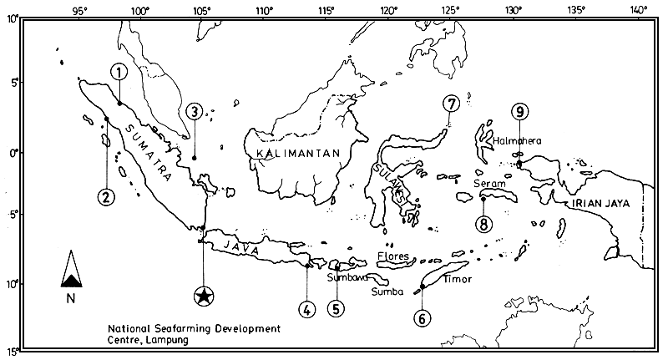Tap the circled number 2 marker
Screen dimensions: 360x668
[105, 197]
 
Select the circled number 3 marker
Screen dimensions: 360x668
[194, 110]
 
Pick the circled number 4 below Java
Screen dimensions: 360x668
[307, 309]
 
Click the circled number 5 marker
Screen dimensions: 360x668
[336, 309]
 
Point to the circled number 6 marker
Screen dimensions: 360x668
[423, 317]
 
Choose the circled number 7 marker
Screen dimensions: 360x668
[451, 104]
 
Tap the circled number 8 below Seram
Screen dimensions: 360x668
[483, 223]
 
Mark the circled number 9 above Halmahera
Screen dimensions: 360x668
[519, 111]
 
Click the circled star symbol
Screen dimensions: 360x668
[203, 296]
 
